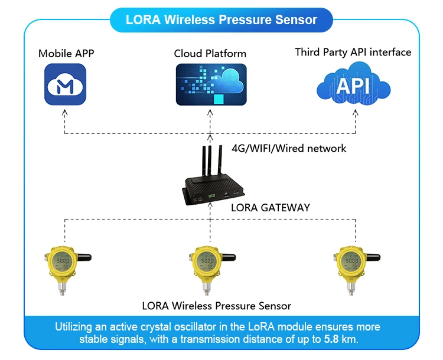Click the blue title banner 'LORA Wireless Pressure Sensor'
point(221,19)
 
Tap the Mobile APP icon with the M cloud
point(66,84)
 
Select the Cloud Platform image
point(210,84)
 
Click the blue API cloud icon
point(353,86)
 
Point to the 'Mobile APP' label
point(66,54)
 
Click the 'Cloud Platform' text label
point(210,54)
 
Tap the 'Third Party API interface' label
point(353,53)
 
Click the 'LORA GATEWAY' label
point(270,208)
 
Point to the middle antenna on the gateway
point(210,159)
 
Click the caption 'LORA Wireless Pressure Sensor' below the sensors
point(217,306)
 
